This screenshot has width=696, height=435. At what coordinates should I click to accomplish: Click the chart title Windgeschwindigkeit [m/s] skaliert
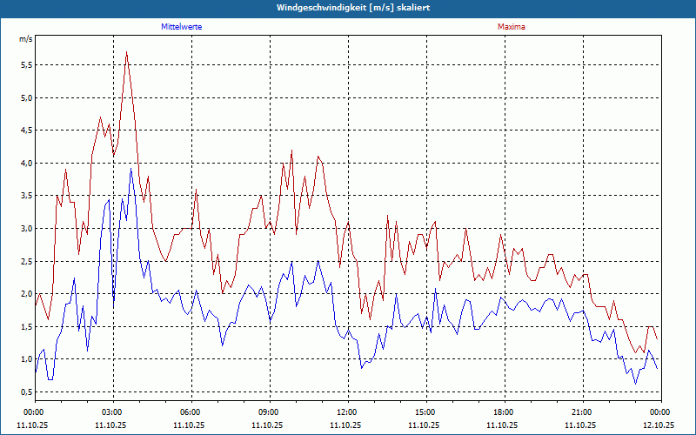pos(348,7)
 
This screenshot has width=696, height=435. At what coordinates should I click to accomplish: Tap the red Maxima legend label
pos(511,27)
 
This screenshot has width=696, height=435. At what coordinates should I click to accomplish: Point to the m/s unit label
pos(25,39)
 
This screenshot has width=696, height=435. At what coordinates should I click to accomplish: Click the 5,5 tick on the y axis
pos(25,65)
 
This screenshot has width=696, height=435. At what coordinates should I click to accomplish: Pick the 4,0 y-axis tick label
pos(25,164)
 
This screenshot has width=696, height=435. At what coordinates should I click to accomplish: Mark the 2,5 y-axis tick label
pos(25,261)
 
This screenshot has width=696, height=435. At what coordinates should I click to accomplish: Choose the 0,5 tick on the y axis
pos(25,392)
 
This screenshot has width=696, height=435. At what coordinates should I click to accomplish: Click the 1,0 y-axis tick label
pos(25,359)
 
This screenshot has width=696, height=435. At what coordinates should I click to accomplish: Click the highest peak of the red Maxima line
pos(127,52)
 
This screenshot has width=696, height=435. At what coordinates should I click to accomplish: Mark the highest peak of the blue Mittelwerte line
pos(130,169)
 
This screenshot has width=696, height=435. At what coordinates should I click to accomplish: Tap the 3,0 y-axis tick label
pos(25,229)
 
